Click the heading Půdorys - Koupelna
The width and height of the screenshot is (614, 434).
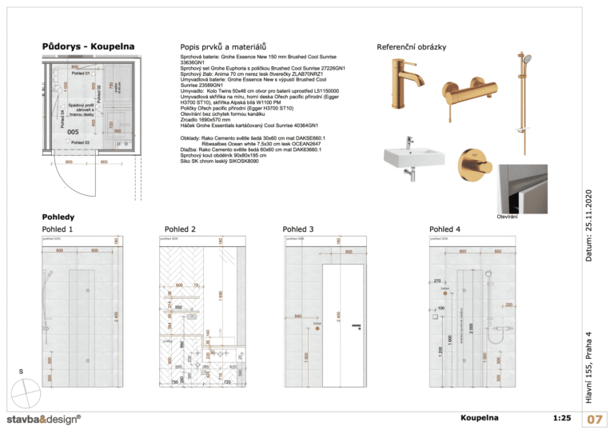coord(88,46)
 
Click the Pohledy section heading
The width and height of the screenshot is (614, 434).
coord(58,217)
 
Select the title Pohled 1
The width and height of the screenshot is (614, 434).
coord(58,229)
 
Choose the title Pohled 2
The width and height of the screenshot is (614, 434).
coord(180,229)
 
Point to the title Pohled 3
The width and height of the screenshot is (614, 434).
coord(297,229)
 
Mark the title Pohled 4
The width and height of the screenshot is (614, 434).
coord(445,229)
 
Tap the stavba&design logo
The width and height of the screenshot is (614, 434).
coord(44,419)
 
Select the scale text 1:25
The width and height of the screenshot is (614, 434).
coord(561,418)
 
